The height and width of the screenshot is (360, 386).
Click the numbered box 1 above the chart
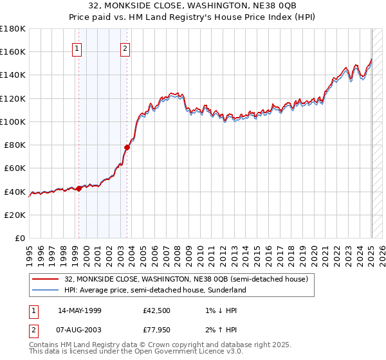77,47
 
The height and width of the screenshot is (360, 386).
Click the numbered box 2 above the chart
125,47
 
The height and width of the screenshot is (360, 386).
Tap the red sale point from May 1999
78,188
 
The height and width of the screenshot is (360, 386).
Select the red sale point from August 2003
127,147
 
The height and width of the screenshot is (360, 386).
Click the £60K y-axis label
15,168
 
